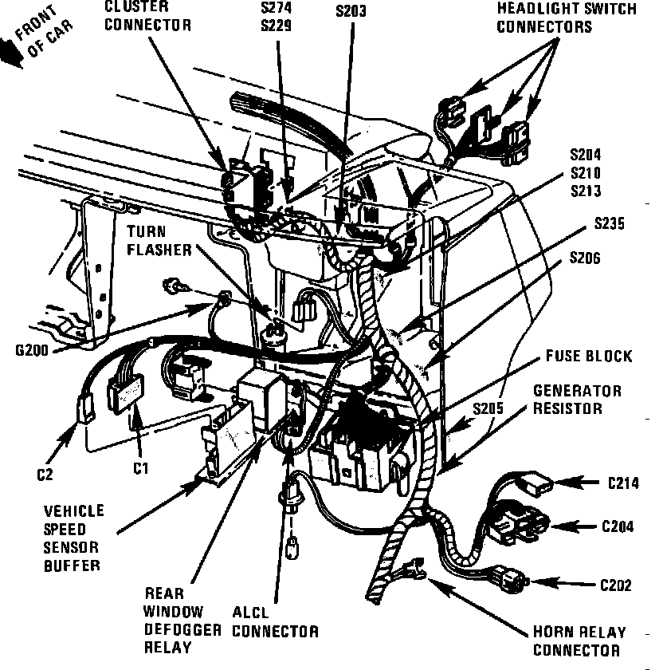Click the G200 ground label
tap(32, 350)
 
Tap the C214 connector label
tap(623, 483)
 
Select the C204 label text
tap(618, 526)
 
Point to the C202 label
tap(616, 585)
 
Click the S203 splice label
tap(351, 11)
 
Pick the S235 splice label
tap(609, 223)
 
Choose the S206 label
tap(585, 258)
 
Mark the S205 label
tap(488, 408)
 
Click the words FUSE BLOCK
tap(589, 356)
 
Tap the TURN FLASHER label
tap(159, 241)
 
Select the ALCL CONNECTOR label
tap(276, 622)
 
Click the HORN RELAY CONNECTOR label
tap(579, 641)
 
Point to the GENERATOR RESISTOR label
tap(577, 400)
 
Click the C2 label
tap(45, 475)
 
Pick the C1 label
tap(140, 469)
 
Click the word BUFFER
tap(72, 566)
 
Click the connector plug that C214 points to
tap(534, 483)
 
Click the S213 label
tap(586, 191)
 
